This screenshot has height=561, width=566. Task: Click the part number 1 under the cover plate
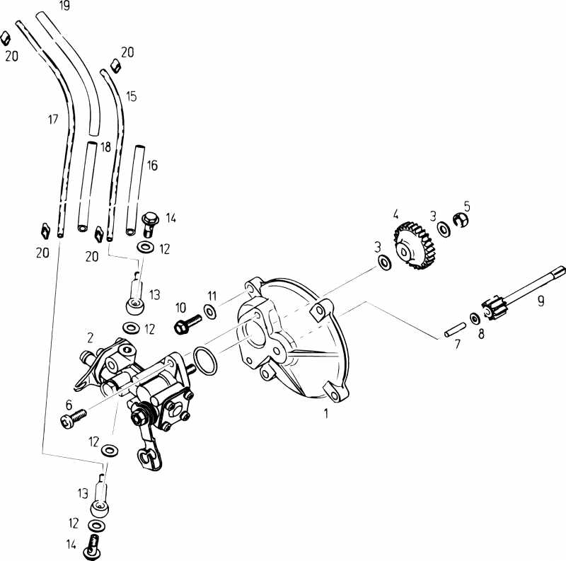pyautogui.click(x=326, y=414)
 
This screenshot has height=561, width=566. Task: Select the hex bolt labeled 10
pyautogui.click(x=186, y=324)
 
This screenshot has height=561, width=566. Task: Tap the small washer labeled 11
pyautogui.click(x=210, y=311)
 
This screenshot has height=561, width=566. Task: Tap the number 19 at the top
pyautogui.click(x=64, y=6)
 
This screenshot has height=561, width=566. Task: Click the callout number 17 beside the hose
pyautogui.click(x=53, y=120)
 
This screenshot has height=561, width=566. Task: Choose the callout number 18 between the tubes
pyautogui.click(x=105, y=146)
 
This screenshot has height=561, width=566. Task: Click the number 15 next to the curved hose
pyautogui.click(x=132, y=95)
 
